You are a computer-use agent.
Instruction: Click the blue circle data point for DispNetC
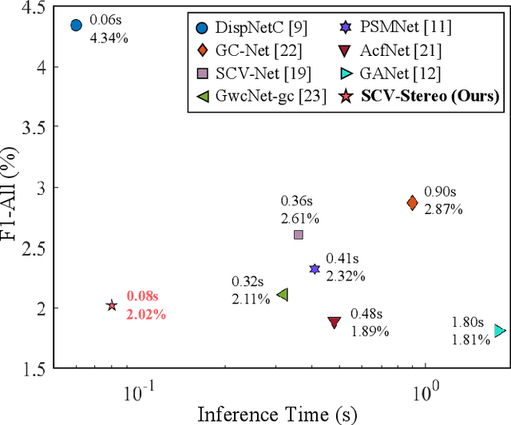pos(76,26)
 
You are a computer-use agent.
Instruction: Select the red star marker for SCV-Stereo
pos(112,305)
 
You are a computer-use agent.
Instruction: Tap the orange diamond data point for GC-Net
pos(412,203)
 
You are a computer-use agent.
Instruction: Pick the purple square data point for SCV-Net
pos(299,234)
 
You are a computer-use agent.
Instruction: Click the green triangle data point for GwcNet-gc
pos(282,295)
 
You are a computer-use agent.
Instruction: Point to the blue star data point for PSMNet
pos(315,270)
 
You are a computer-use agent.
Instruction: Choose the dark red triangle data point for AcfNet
pos(335,322)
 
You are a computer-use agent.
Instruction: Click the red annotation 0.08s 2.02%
pos(145,306)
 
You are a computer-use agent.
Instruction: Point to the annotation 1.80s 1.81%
pos(471,332)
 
